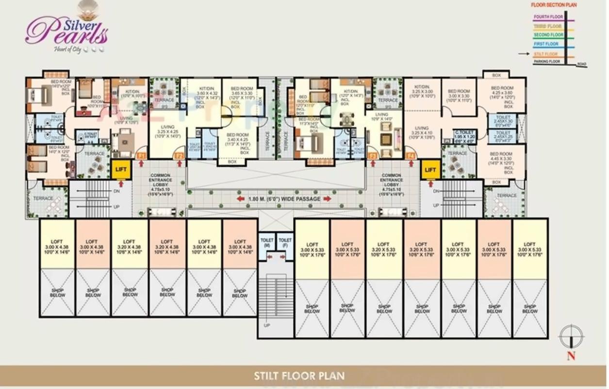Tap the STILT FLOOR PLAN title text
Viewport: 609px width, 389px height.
coord(299,376)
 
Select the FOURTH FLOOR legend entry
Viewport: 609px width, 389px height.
coord(548,17)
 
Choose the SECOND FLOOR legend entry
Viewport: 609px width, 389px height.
coord(548,35)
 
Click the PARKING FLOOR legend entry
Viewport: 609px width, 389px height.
coord(547,62)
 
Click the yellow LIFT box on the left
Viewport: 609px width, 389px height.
coord(121,169)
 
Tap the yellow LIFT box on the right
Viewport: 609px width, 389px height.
coord(430,170)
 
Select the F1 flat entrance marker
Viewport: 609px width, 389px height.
coord(142,156)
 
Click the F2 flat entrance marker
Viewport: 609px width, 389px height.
coord(179,156)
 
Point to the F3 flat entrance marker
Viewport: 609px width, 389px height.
coord(373,156)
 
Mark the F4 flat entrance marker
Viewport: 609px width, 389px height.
coord(411,156)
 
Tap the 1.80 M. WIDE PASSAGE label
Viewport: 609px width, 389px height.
coord(284,199)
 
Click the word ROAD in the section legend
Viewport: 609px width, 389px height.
coord(581,64)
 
